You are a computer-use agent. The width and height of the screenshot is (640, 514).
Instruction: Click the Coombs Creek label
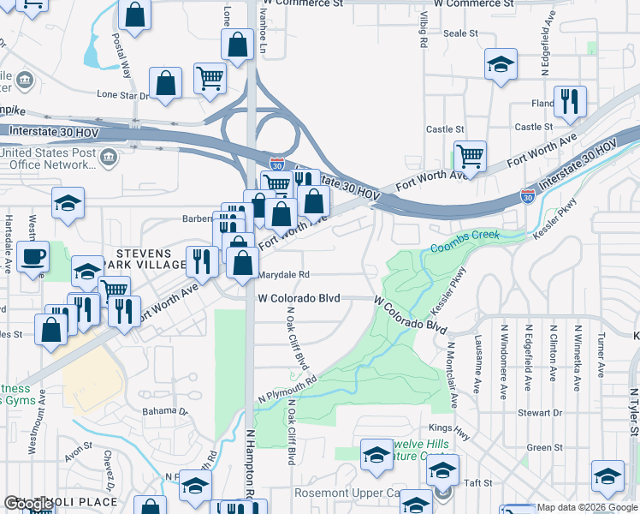point(464,246)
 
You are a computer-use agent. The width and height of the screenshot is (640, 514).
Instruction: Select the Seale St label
point(460,33)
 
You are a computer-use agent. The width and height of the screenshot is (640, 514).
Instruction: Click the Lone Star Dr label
point(122,95)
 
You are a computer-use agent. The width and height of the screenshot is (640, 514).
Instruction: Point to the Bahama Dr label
point(165,411)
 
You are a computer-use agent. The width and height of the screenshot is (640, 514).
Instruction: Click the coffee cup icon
point(33,257)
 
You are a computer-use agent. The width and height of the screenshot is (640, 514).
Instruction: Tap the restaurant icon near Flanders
point(569,101)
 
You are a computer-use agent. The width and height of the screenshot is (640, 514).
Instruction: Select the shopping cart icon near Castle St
point(470,156)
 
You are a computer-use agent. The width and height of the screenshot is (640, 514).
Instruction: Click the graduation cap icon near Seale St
point(501,64)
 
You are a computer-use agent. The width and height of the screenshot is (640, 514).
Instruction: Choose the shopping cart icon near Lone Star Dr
point(210,78)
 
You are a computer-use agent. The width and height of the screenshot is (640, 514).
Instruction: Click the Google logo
point(29,504)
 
